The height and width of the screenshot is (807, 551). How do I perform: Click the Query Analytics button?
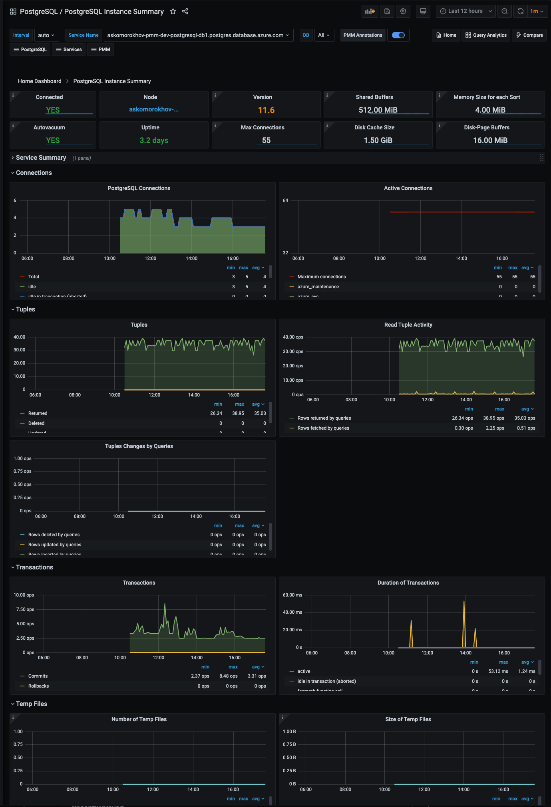pos(486,35)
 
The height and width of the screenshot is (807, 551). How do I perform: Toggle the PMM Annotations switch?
pos(398,35)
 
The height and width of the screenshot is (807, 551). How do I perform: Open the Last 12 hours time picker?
pos(465,11)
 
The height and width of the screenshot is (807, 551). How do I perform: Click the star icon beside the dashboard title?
pos(173,11)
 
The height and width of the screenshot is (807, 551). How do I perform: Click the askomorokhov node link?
pos(154,109)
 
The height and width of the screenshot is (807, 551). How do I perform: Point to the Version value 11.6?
pos(266,110)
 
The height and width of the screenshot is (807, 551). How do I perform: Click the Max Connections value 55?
pos(266,141)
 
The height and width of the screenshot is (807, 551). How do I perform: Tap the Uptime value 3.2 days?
pos(154,141)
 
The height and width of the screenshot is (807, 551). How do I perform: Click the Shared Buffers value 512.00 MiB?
pos(378,110)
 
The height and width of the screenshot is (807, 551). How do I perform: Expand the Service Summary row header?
pos(41,158)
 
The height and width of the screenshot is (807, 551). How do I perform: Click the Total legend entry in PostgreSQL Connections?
pos(34,277)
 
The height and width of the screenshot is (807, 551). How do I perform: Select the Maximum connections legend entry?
pos(321,277)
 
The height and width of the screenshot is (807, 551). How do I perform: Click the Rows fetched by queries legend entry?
pos(323,428)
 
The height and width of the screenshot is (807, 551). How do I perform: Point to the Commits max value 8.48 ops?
pos(228,676)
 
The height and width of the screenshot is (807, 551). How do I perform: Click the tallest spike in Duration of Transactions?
pos(464,602)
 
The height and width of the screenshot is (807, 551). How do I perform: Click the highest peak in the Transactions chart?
pos(165,605)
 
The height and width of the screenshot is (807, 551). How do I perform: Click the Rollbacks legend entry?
pos(38,686)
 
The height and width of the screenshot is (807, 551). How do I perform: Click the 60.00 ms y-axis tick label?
pos(292,595)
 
